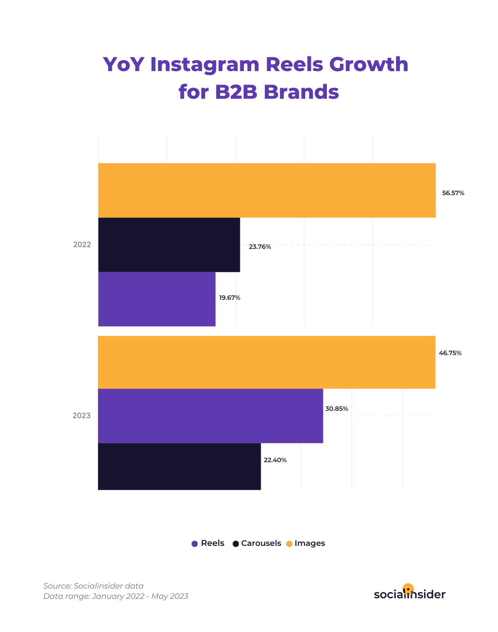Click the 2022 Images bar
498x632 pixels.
(267, 190)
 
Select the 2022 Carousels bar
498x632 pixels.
(169, 245)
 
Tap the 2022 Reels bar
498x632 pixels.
(157, 299)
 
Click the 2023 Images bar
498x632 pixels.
(266, 362)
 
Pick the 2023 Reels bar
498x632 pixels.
(210, 416)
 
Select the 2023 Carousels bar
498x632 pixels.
(179, 466)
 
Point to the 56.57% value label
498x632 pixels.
(453, 193)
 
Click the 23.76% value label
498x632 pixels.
(260, 247)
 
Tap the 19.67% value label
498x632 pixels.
(230, 298)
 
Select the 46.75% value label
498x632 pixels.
(450, 353)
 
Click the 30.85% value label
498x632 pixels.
(337, 409)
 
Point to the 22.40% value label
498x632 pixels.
(275, 460)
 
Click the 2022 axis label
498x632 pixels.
(82, 245)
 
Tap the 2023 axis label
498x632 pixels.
(82, 416)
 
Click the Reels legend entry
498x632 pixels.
(208, 544)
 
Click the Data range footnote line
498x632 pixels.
(116, 596)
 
